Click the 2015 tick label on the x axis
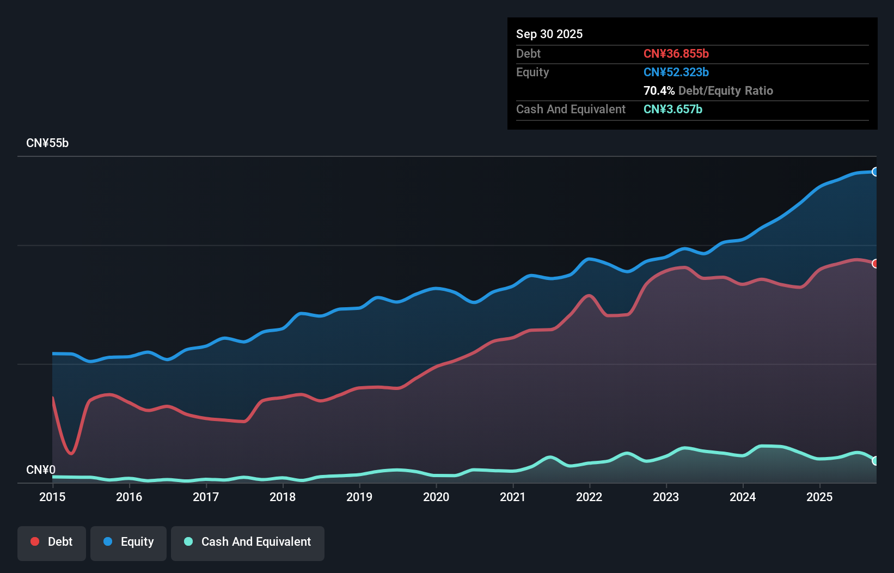click(52, 497)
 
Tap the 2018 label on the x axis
click(283, 497)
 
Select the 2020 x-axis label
click(436, 497)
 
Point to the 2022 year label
click(589, 497)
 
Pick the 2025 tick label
click(819, 497)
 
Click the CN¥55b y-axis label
click(47, 143)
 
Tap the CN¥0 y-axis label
click(41, 470)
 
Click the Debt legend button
click(52, 542)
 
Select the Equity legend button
click(128, 542)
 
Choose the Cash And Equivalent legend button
click(248, 542)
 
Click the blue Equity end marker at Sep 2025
click(875, 172)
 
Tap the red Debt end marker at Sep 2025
click(875, 264)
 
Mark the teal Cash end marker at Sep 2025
click(875, 461)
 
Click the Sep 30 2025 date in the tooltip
click(549, 34)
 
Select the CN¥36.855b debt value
click(676, 53)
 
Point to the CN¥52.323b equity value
click(676, 72)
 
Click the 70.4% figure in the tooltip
click(659, 90)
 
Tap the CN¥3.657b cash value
click(672, 109)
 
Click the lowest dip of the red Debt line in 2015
click(71, 453)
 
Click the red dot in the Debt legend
click(35, 541)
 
